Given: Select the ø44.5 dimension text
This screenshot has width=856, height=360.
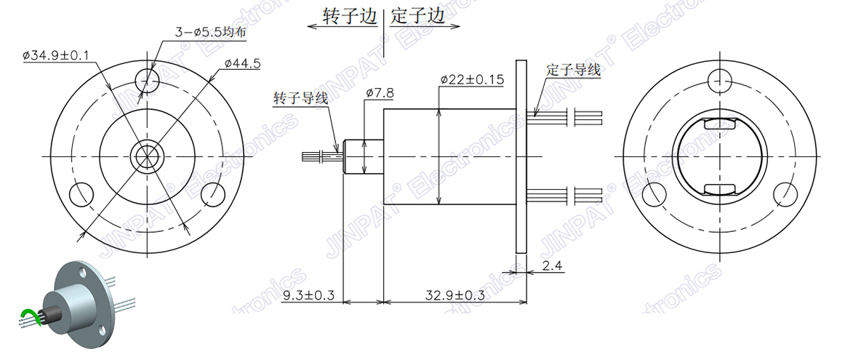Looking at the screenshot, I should tap(242, 64).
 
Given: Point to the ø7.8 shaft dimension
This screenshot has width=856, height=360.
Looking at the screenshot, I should tap(380, 93).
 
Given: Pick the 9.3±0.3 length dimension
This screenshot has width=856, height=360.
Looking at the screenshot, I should tap(308, 296).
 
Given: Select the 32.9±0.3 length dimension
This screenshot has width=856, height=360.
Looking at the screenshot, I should tap(455, 296).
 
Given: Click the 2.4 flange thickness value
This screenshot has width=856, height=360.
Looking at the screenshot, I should tap(553, 267).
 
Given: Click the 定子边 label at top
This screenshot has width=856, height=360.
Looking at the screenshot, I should tap(417, 16).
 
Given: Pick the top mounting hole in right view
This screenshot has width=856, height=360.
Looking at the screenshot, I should tap(719, 78).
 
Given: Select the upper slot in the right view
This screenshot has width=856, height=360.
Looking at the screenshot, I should tap(719, 124).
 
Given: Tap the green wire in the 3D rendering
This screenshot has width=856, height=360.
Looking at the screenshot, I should tap(29, 315).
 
